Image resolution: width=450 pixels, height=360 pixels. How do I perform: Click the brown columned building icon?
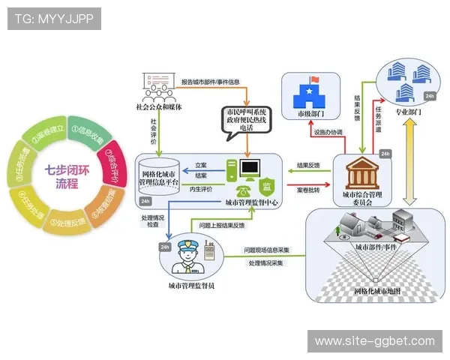tap(361, 174)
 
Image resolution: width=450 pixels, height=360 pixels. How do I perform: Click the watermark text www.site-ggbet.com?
tap(374, 341)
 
